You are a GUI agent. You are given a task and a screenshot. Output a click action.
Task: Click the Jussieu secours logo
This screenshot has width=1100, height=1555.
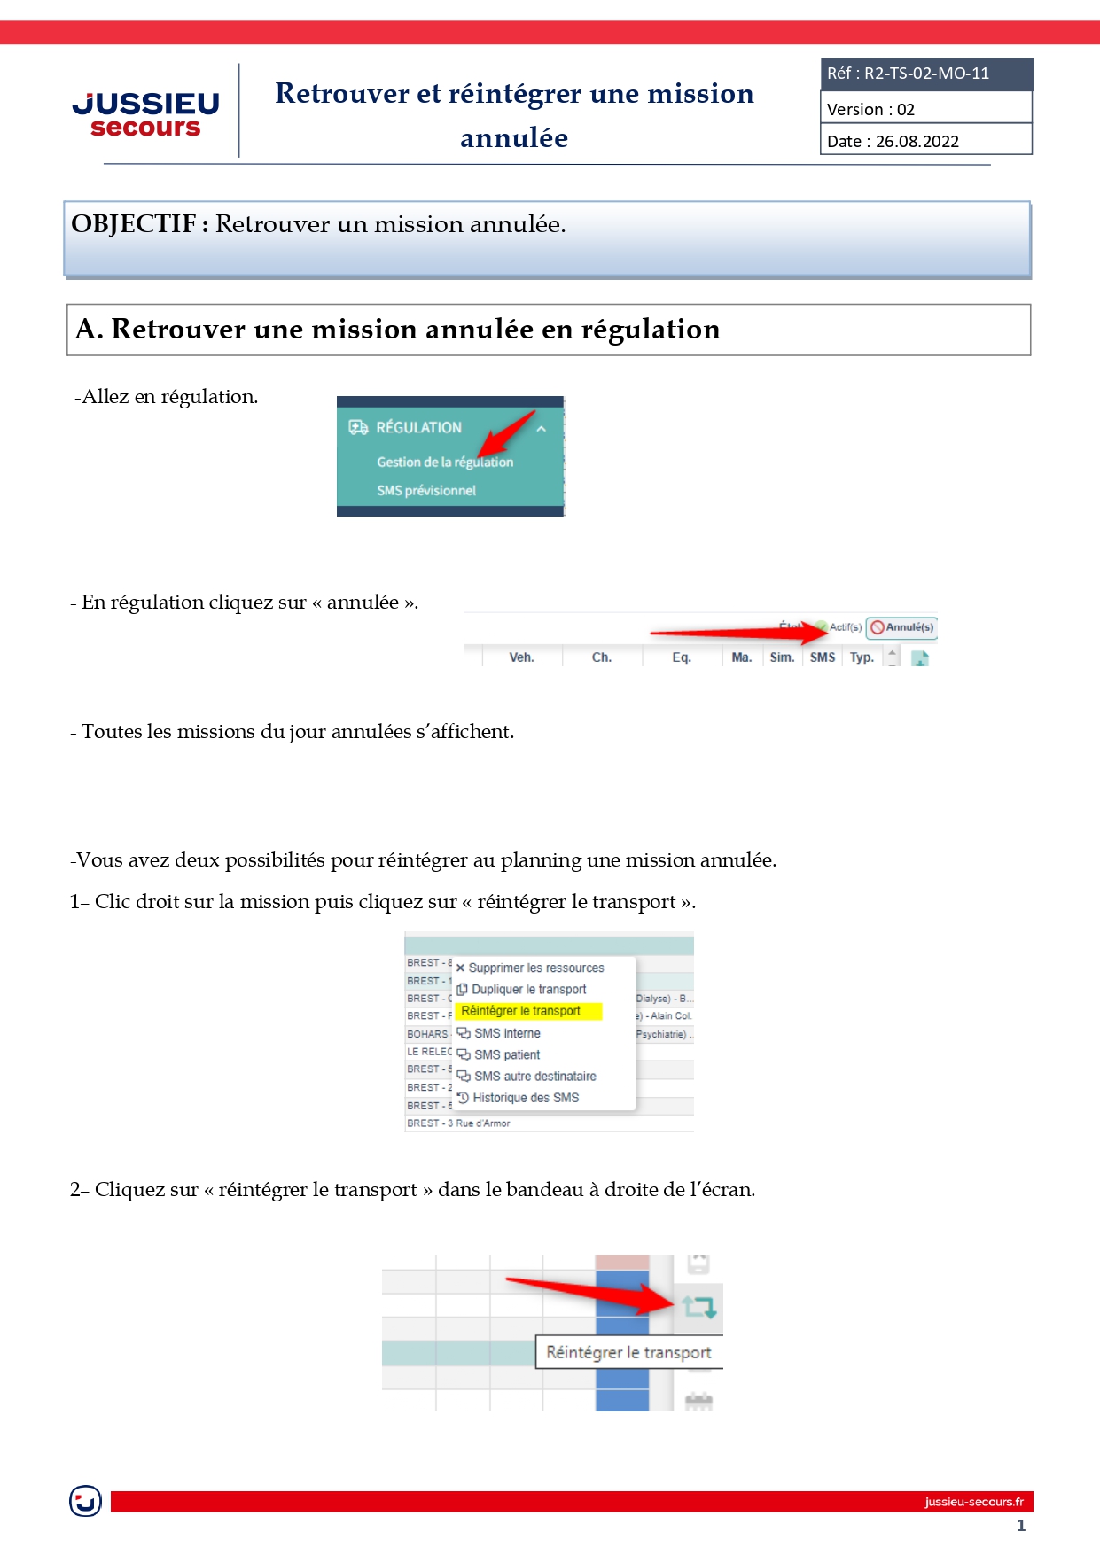(x=145, y=114)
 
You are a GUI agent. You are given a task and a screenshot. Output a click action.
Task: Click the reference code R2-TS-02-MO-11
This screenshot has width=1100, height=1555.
(x=926, y=74)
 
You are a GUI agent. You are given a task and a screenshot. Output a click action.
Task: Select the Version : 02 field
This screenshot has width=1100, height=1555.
(x=870, y=110)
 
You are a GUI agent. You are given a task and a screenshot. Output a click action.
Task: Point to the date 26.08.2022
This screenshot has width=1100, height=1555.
(x=917, y=142)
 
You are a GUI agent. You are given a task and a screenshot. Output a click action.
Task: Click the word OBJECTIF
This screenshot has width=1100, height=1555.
(x=133, y=224)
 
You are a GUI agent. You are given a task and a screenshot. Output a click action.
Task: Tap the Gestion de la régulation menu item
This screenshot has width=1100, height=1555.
(x=444, y=462)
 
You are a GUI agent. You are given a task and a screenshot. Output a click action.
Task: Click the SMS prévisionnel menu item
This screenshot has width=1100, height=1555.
(x=426, y=491)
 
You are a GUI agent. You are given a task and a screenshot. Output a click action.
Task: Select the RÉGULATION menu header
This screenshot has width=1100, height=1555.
(x=418, y=427)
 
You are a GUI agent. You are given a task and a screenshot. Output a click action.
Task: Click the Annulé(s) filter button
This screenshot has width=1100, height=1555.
(x=901, y=627)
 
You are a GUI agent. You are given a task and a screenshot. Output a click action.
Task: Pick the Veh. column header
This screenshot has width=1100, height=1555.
(x=521, y=657)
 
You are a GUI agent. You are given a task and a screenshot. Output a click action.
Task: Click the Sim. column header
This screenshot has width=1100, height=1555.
(x=781, y=657)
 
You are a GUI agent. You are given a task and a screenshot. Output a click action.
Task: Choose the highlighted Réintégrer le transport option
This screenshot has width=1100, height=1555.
(x=521, y=1011)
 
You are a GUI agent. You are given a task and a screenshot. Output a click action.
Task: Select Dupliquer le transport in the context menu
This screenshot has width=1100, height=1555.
(x=528, y=990)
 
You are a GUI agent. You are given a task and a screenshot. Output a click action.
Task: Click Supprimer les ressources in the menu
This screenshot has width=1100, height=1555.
(x=535, y=968)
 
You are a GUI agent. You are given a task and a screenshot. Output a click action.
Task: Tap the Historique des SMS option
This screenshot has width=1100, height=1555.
(x=525, y=1098)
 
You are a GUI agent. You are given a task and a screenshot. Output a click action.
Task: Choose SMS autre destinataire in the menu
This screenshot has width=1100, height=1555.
(x=534, y=1077)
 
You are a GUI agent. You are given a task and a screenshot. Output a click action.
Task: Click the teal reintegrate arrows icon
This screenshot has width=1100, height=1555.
(x=698, y=1306)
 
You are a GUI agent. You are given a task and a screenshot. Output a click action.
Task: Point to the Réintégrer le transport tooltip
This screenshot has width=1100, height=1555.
(x=628, y=1352)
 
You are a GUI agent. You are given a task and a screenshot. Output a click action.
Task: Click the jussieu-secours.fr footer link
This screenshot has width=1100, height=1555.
(x=973, y=1502)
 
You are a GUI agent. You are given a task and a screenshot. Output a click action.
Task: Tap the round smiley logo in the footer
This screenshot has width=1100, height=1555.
(x=85, y=1501)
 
